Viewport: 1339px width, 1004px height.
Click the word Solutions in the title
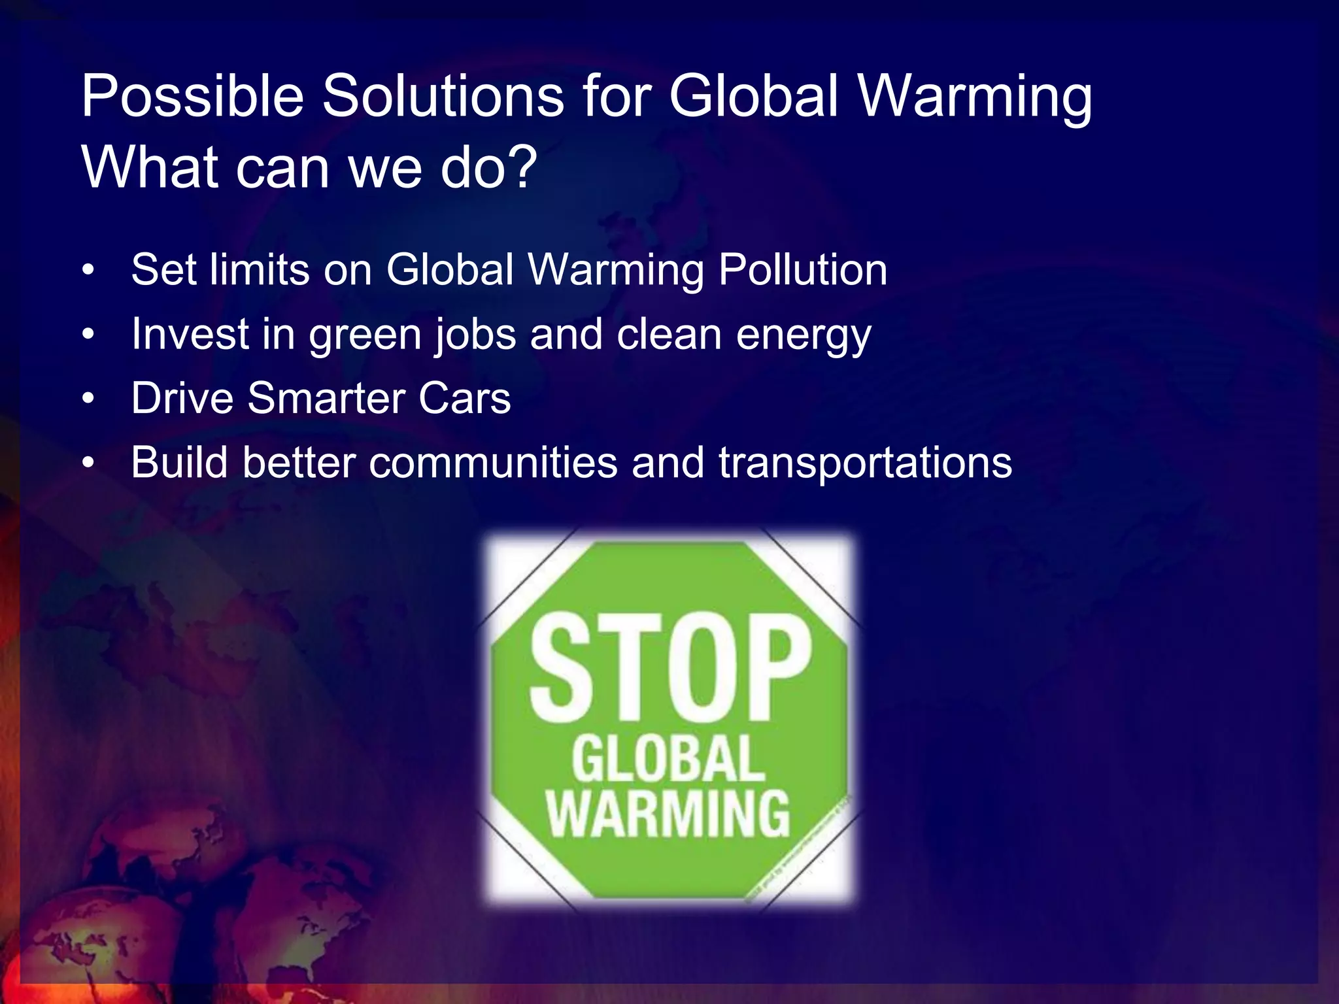443,97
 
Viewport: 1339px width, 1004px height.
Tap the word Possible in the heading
192,97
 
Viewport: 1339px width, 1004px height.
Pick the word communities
494,463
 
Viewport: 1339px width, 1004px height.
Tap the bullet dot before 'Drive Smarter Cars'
89,398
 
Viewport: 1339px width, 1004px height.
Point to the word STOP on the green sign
669,667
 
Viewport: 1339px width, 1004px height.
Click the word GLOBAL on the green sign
668,758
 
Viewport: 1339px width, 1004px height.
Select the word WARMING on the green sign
668,814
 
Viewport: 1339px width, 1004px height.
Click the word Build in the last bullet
179,463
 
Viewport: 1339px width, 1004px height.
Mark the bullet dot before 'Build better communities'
89,463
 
